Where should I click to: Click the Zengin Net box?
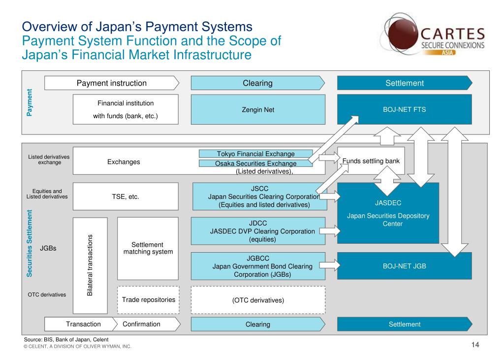point(258,109)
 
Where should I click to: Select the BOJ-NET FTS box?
point(404,109)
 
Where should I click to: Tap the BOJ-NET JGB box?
point(404,266)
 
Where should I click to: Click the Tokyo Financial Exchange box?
point(255,154)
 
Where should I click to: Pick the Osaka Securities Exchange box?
point(255,164)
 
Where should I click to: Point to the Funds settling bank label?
point(371,161)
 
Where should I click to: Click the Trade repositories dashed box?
point(148,299)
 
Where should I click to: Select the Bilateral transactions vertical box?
point(90,265)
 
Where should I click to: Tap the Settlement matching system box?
point(148,248)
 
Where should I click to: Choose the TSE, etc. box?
point(126,196)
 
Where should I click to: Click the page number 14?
point(475,345)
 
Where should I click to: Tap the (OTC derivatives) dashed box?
point(258,299)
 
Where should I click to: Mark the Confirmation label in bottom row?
point(142,324)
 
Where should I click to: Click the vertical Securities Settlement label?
point(30,243)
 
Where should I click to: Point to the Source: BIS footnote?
point(66,340)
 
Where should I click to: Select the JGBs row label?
point(48,248)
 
